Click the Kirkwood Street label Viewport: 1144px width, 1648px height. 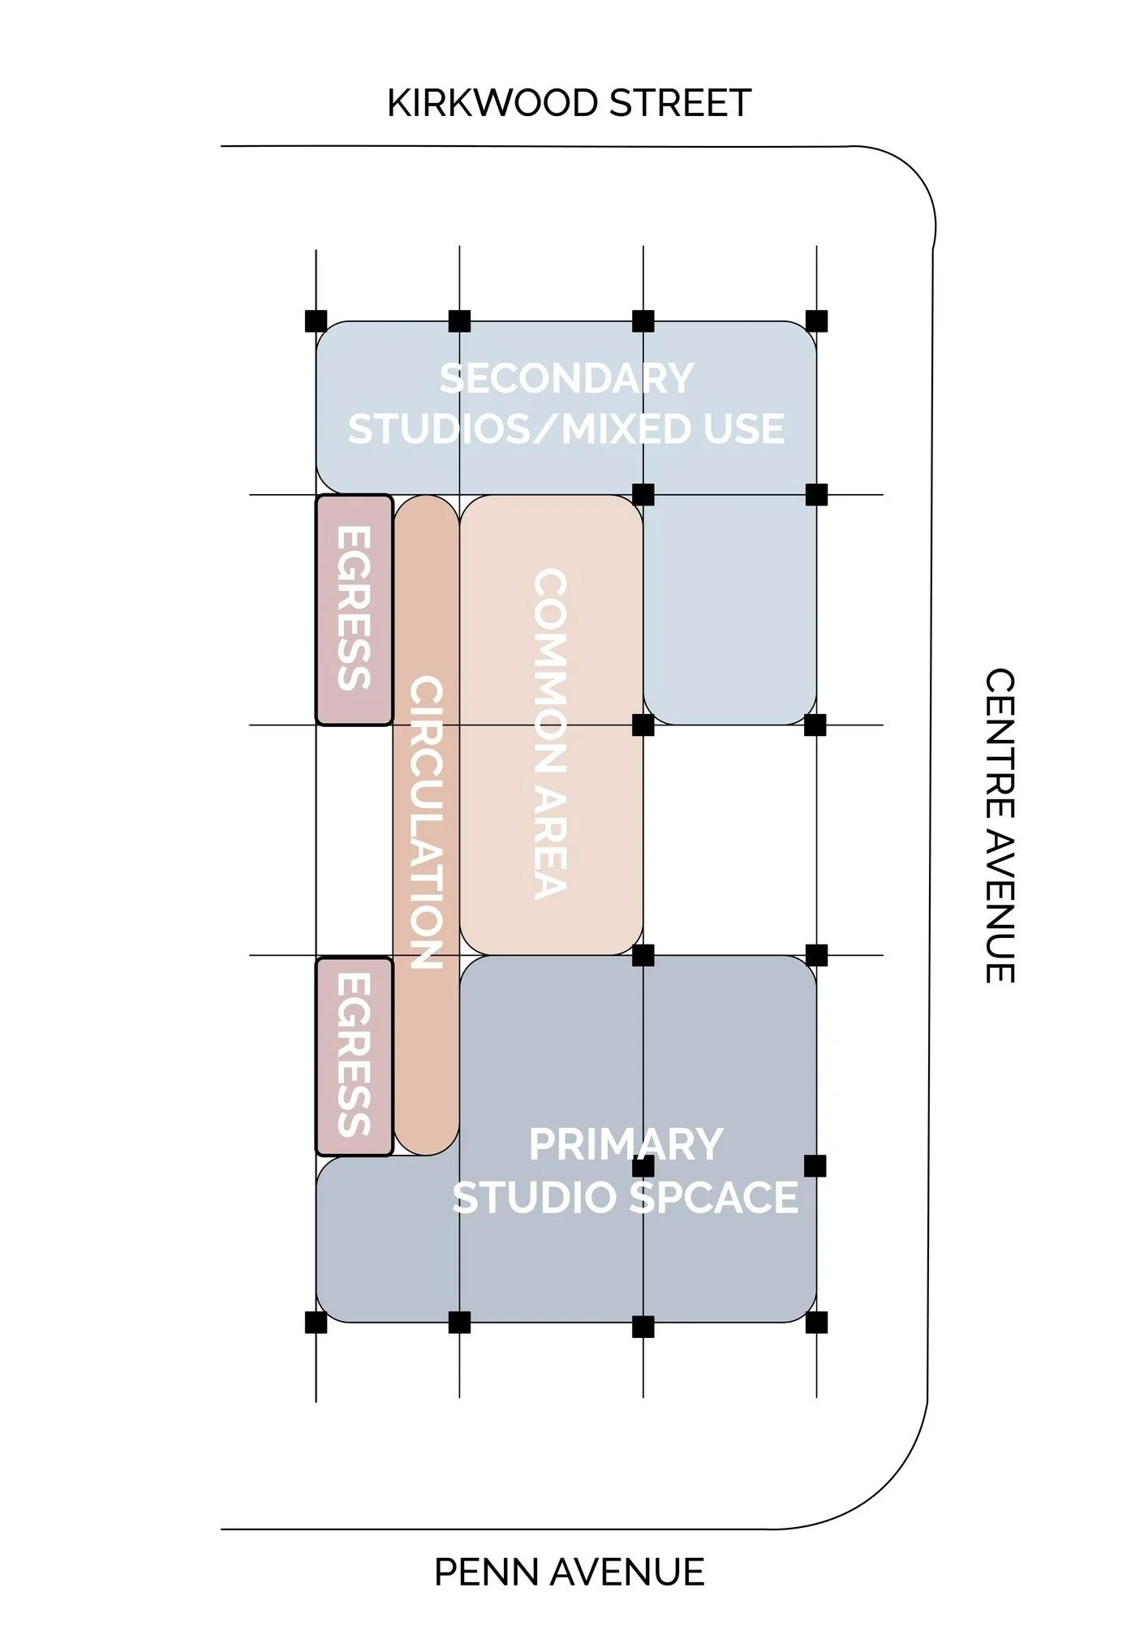click(x=569, y=103)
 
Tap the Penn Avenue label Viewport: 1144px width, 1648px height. click(x=569, y=1572)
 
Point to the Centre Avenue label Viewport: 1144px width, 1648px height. click(x=1000, y=825)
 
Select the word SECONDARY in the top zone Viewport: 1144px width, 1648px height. click(x=566, y=379)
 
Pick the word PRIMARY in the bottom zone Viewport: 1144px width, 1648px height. click(x=626, y=1145)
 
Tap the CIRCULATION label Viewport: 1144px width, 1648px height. click(x=427, y=822)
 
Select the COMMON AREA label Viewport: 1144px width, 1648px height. click(x=551, y=733)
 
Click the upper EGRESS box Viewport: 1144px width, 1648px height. click(x=355, y=609)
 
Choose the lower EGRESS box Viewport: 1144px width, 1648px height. click(x=355, y=1056)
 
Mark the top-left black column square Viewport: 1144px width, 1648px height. click(x=316, y=321)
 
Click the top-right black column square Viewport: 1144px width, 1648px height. click(x=816, y=321)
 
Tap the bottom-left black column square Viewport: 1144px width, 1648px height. click(x=316, y=1322)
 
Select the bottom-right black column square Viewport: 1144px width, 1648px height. click(x=816, y=1322)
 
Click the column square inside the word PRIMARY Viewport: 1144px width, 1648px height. click(x=643, y=1166)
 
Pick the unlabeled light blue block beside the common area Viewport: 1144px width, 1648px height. click(x=729, y=609)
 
